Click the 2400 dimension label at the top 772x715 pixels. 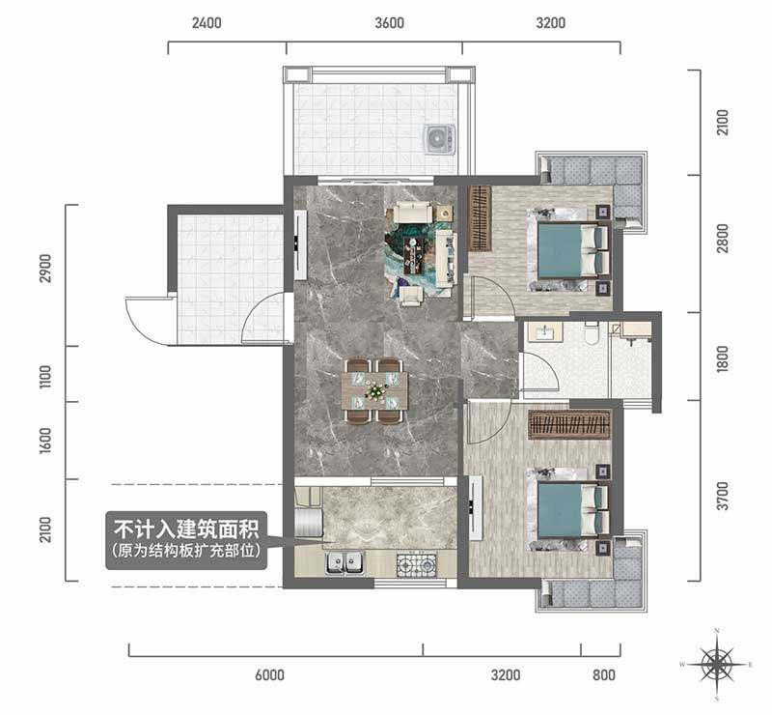(207, 23)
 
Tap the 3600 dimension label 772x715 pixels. (389, 23)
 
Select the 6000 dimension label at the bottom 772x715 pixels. (269, 674)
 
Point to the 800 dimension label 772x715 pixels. (604, 674)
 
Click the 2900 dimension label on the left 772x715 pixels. (45, 268)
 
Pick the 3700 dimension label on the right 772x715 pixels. (722, 496)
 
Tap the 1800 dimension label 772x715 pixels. (722, 358)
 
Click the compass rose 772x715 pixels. (717, 664)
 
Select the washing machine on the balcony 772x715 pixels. (439, 138)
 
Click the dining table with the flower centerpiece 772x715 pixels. (375, 391)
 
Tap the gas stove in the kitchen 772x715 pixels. (417, 564)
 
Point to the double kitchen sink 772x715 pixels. (345, 562)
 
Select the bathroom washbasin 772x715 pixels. (545, 331)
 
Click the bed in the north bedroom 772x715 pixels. (568, 251)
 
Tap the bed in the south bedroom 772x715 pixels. (568, 510)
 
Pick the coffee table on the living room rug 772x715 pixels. (416, 254)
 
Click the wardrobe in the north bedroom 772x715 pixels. (480, 218)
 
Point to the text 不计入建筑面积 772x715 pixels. (186, 529)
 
